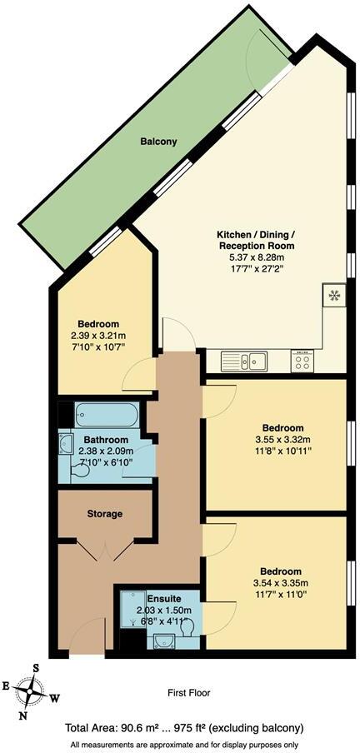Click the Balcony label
point(158,142)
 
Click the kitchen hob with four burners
point(301,361)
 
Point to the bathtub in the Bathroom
point(109,415)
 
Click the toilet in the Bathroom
point(80,471)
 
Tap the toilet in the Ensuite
point(190,627)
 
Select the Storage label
point(105,514)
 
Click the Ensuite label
point(158,597)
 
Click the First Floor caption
point(187,692)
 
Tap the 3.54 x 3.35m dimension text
point(282,582)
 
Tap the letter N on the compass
point(23,714)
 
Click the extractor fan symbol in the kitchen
point(333,295)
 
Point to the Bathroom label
point(106,440)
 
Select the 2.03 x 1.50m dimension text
point(158,609)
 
